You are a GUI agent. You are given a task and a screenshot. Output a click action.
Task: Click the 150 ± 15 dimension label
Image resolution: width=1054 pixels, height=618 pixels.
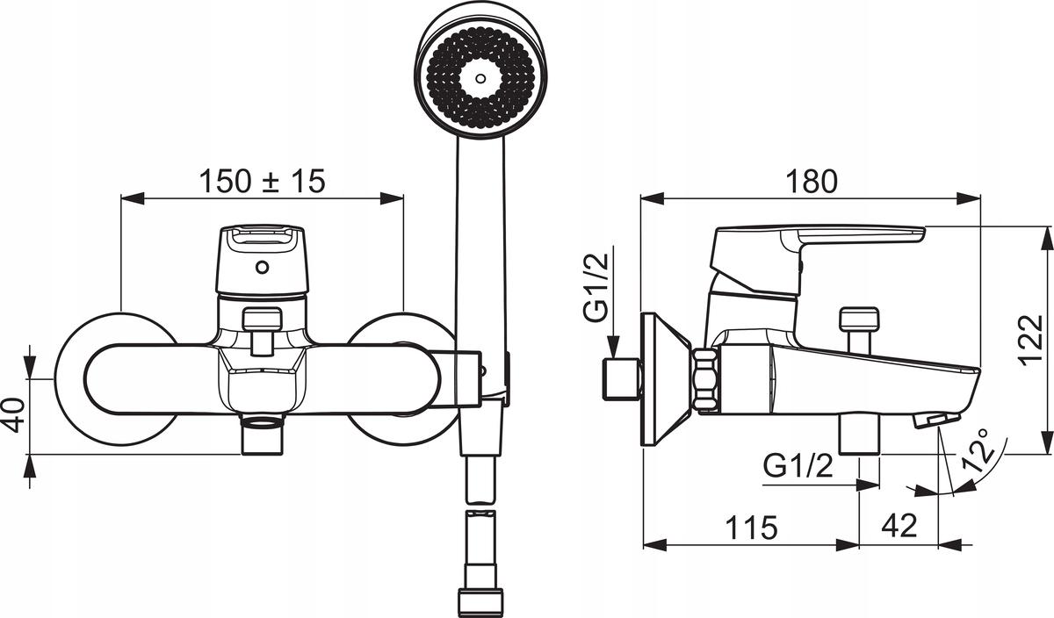263,182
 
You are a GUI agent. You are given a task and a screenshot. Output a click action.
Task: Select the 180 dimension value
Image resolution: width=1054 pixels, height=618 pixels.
812,182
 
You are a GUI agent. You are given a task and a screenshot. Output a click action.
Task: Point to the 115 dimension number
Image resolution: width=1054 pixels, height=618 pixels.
752,528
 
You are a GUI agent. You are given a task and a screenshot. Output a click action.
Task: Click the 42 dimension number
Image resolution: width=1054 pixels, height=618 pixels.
899,525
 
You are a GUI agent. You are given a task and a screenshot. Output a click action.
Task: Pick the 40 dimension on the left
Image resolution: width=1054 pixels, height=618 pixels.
14,415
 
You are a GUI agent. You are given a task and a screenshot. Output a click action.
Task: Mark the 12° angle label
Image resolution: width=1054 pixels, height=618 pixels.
978,450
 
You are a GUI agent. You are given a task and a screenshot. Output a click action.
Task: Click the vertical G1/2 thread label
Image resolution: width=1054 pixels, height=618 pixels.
596,287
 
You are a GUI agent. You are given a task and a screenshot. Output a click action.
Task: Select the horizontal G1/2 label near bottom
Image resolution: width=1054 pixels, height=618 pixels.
798,465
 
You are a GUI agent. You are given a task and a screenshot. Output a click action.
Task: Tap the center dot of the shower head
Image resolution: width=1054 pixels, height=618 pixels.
480,78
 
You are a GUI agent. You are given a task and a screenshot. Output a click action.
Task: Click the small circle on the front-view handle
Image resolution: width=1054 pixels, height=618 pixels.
262,268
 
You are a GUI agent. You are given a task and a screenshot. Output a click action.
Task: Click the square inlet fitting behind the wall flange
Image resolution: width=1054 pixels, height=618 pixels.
621,379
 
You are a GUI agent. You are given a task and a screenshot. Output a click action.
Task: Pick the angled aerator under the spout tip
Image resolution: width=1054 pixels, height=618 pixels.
936,420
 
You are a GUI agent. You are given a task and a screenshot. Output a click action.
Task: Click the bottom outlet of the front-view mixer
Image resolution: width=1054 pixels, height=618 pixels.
263,435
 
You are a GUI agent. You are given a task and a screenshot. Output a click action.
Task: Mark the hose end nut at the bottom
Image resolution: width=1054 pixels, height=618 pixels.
480,602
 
